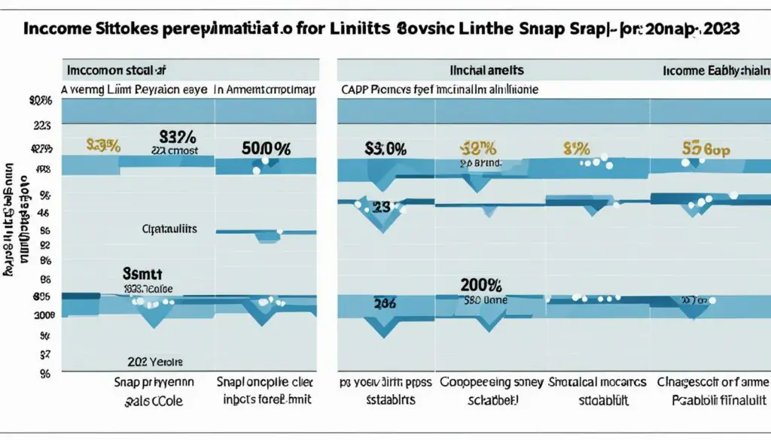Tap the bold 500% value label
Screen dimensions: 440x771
pyautogui.click(x=267, y=147)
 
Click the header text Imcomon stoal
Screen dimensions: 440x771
pyautogui.click(x=115, y=71)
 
